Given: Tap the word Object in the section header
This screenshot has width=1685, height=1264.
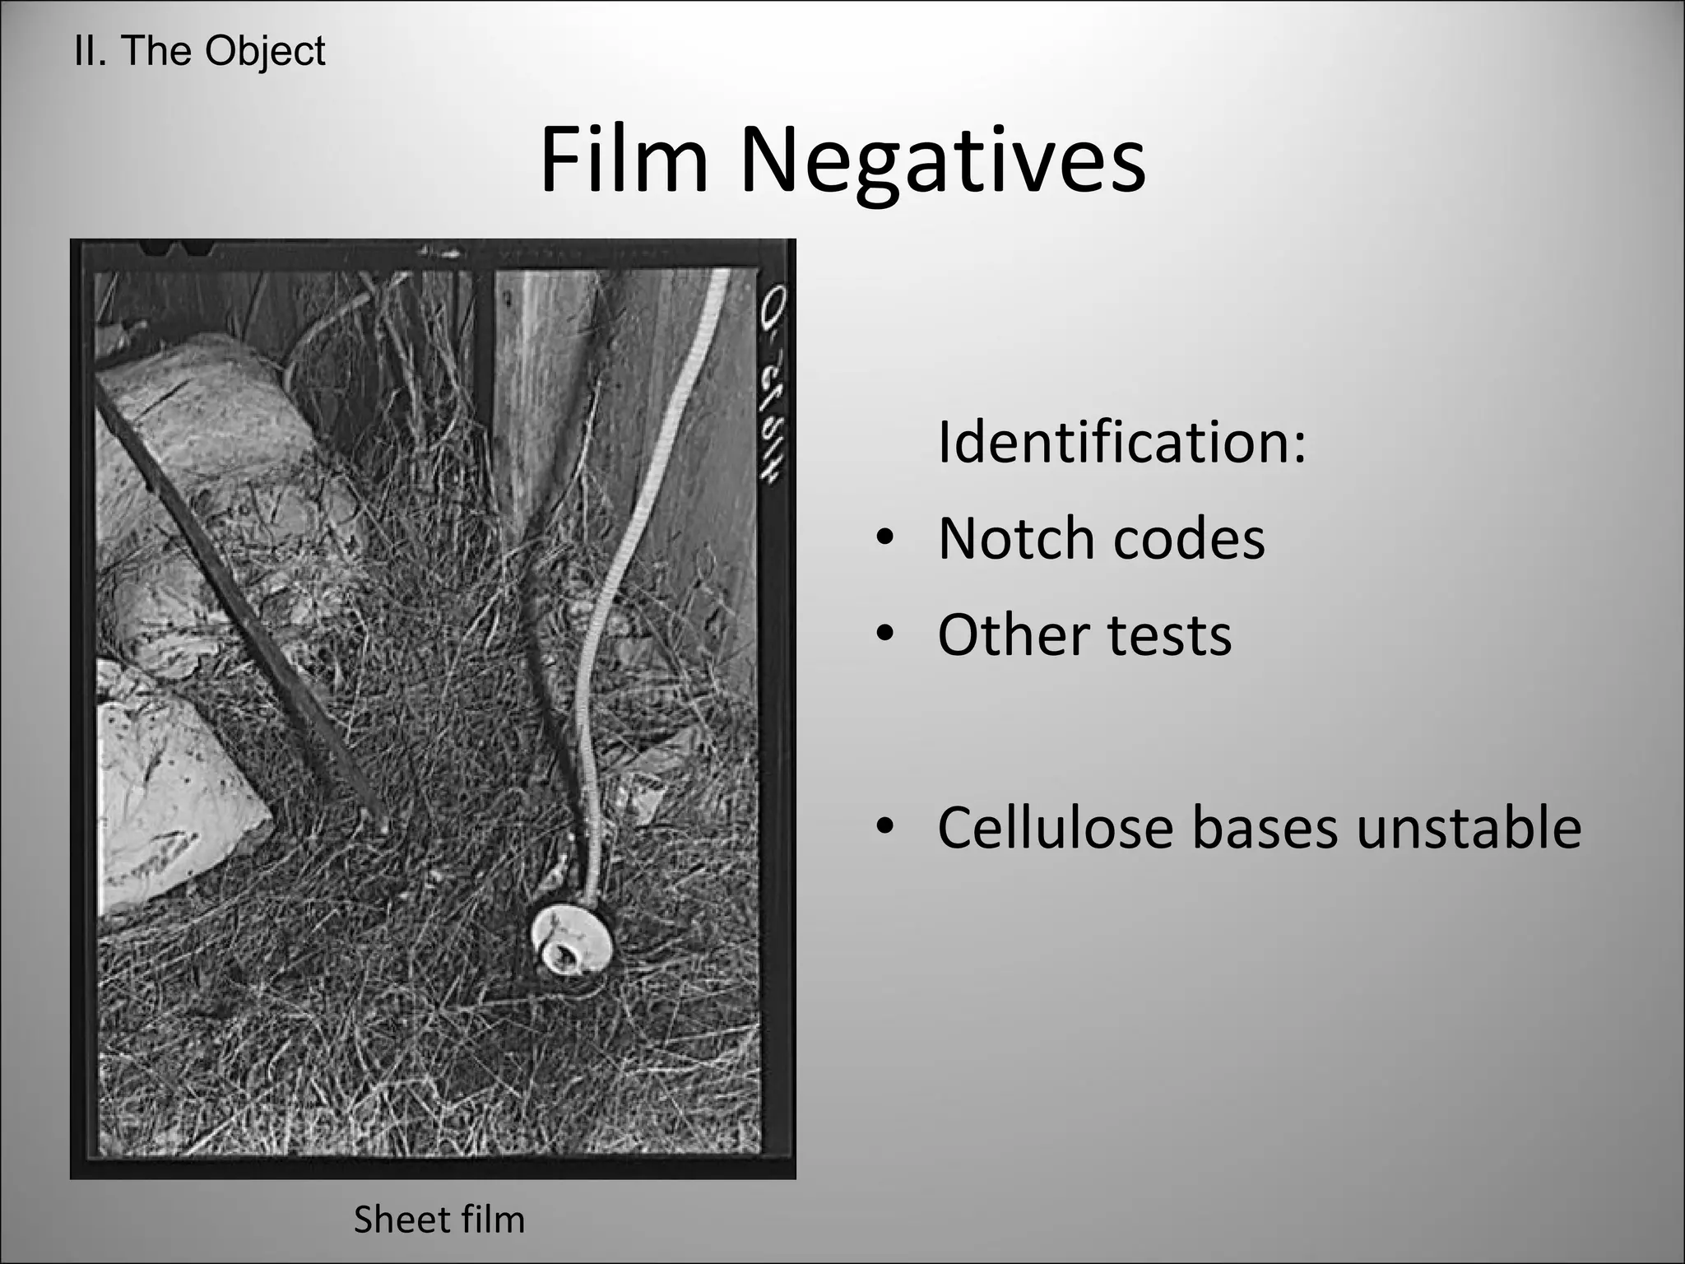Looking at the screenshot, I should coord(265,51).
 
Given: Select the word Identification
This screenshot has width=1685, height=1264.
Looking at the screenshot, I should coord(1121,442).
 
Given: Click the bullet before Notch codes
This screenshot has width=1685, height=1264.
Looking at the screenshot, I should coord(884,540).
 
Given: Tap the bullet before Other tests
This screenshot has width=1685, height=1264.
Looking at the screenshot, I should coord(884,636).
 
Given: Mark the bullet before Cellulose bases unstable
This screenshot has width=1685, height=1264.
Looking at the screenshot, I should coord(884,829).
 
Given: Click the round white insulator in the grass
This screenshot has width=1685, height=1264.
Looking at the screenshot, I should coord(571,941).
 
